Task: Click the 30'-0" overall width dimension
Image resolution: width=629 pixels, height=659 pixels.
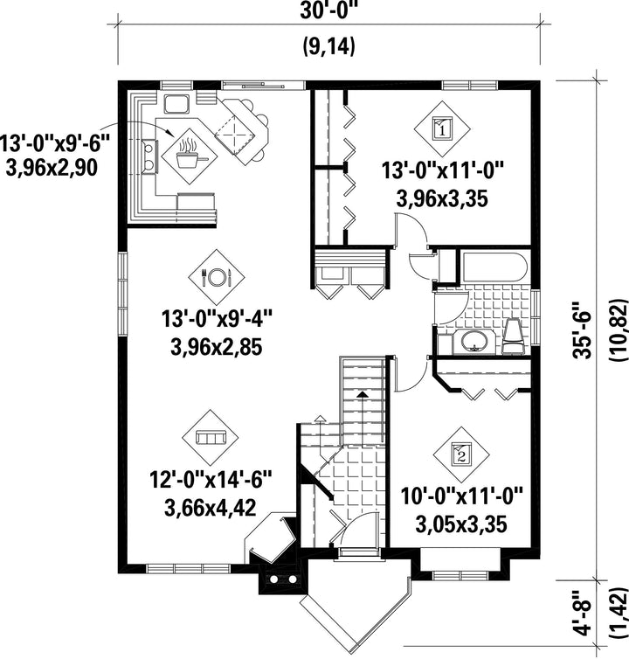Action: pyautogui.click(x=328, y=11)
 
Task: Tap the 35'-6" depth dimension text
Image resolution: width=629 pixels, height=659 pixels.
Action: pyautogui.click(x=583, y=329)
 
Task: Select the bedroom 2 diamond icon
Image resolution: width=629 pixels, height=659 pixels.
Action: pyautogui.click(x=461, y=454)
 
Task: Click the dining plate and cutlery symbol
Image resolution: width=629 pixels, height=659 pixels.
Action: pyautogui.click(x=216, y=277)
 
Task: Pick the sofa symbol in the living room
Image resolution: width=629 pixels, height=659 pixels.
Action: pyautogui.click(x=211, y=438)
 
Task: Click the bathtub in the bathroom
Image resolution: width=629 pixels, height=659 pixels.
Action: pyautogui.click(x=494, y=267)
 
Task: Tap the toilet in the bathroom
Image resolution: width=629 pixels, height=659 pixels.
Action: pyautogui.click(x=514, y=336)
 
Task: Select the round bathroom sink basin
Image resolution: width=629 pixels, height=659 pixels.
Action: pyautogui.click(x=475, y=342)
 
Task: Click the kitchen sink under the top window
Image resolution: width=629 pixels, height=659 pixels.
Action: pyautogui.click(x=176, y=104)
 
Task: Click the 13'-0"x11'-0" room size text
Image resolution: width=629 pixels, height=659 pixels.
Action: pyautogui.click(x=442, y=171)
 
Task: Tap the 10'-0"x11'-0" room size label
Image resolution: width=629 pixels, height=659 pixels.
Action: pyautogui.click(x=461, y=496)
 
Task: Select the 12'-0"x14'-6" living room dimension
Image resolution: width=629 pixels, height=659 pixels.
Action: pyautogui.click(x=211, y=480)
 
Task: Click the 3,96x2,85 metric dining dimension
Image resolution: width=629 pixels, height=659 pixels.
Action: pyautogui.click(x=217, y=347)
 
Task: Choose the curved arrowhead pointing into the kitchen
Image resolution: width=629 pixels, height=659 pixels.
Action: pyautogui.click(x=170, y=132)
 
